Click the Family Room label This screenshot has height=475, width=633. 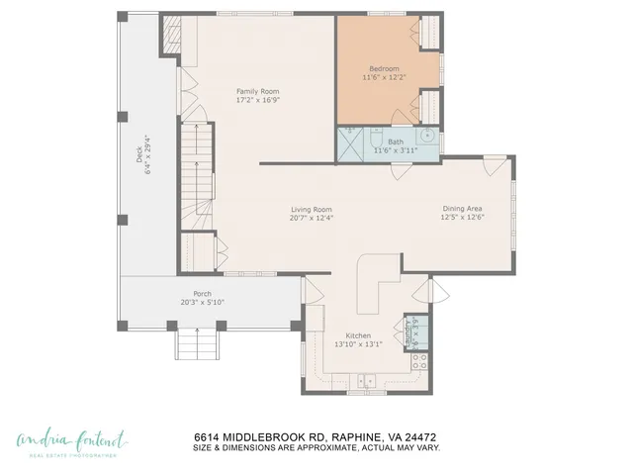(257, 92)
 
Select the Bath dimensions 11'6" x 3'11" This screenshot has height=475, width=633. (396, 150)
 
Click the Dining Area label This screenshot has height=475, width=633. (462, 208)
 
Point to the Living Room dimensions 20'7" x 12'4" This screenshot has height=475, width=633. (310, 218)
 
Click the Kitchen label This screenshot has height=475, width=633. (357, 335)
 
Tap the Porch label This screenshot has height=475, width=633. (202, 293)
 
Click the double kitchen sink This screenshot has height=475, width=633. (366, 379)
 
